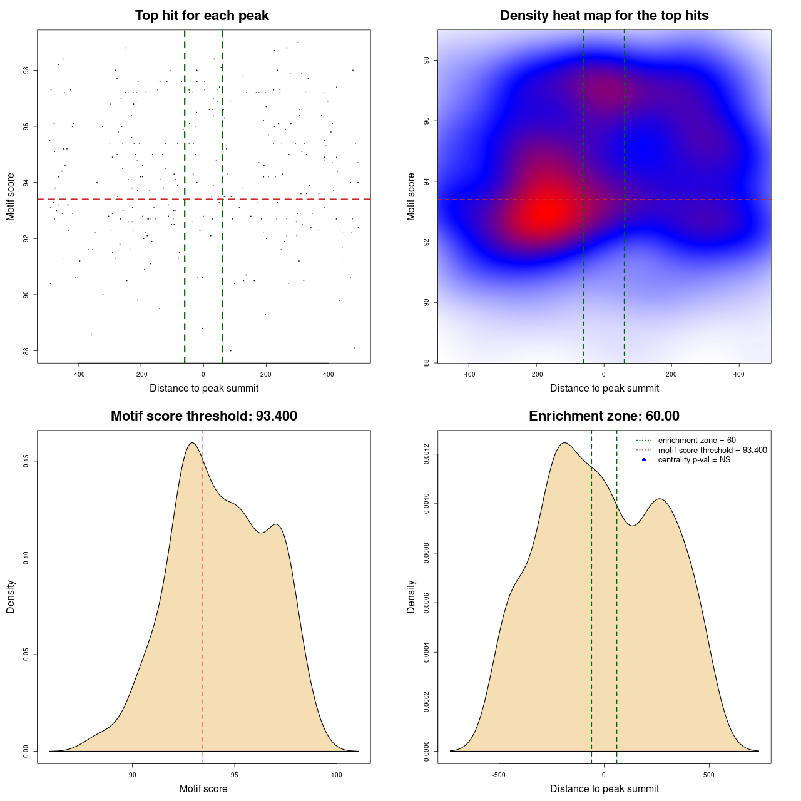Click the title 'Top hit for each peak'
(202, 16)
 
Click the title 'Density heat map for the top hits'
(604, 16)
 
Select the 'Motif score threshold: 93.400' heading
(203, 416)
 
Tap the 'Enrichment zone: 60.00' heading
(604, 416)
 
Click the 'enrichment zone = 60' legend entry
(696, 441)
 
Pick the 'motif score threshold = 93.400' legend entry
(712, 451)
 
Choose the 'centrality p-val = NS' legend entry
(694, 460)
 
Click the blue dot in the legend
(644, 460)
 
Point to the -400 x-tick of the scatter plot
(78, 374)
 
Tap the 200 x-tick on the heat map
(671, 374)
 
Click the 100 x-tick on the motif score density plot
(337, 775)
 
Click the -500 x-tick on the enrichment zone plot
(499, 775)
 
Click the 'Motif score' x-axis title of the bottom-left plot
(203, 789)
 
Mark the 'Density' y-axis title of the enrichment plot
(411, 596)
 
